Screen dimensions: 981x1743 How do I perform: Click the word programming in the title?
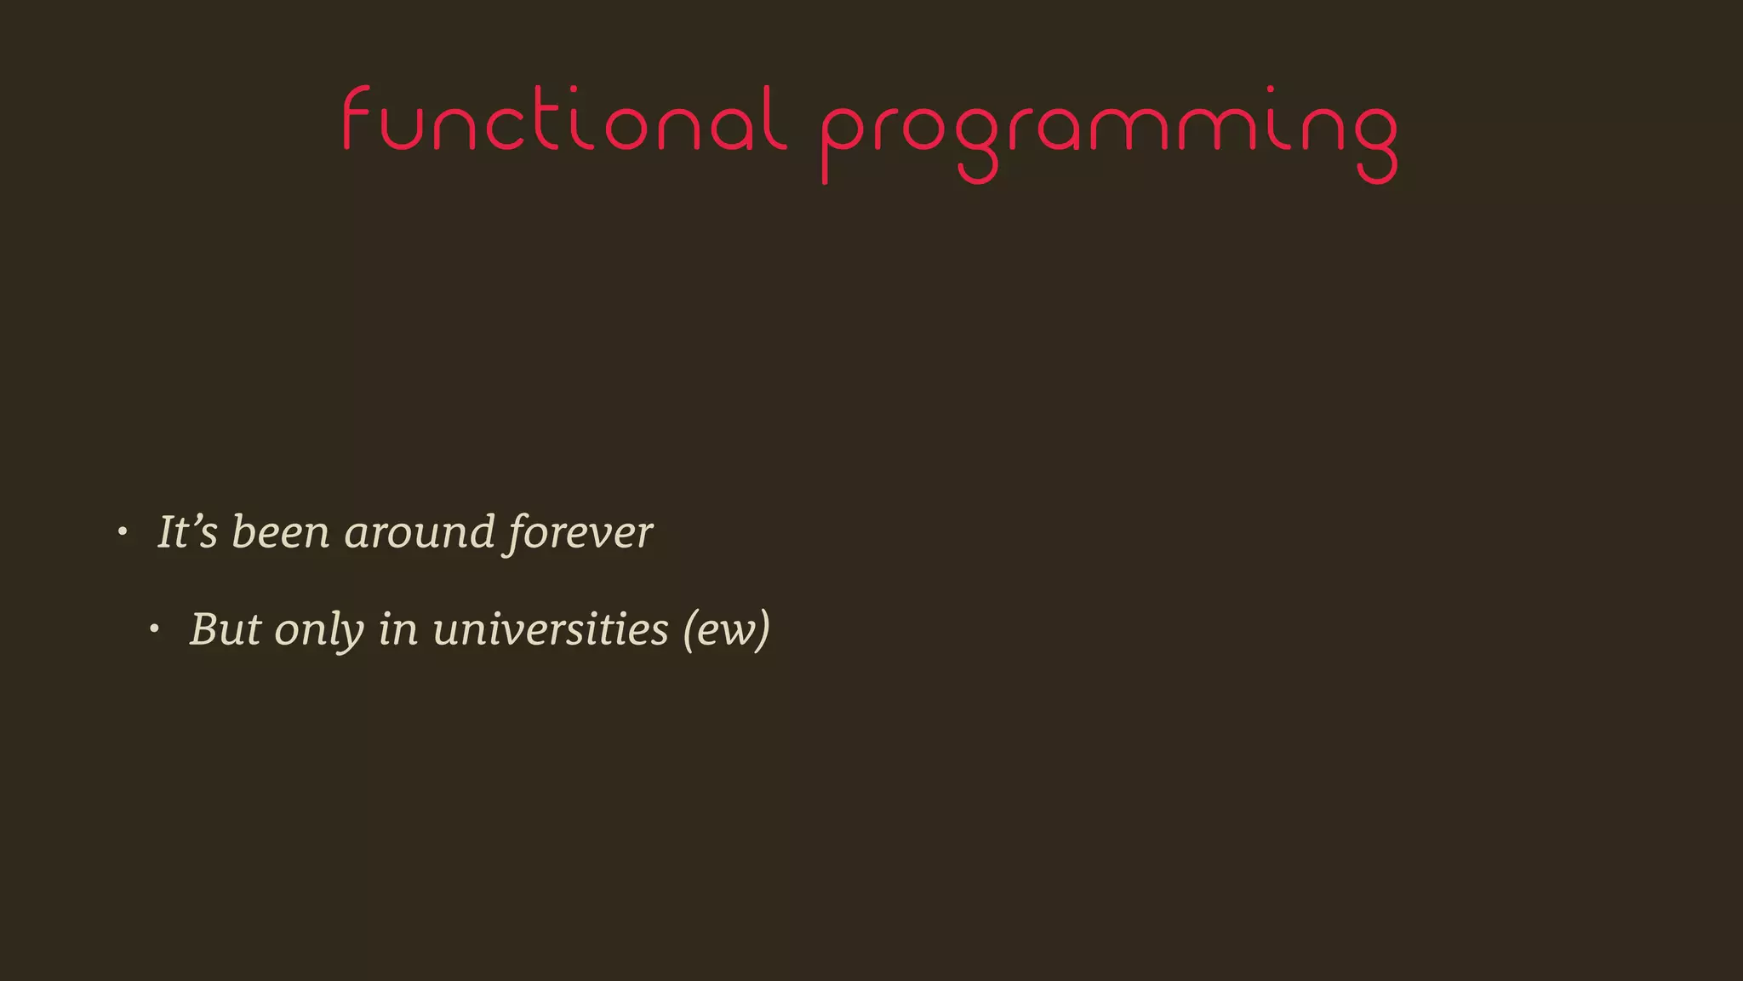(x=1108, y=128)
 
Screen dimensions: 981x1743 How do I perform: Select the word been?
(x=280, y=532)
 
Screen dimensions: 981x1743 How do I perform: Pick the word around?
(x=419, y=532)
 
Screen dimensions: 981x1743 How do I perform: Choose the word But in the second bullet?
(x=225, y=629)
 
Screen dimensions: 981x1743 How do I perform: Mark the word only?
(x=319, y=631)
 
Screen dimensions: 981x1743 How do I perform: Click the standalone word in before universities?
(x=397, y=629)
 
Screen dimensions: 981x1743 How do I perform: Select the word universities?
(x=550, y=629)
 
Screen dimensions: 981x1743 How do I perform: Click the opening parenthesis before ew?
(x=689, y=631)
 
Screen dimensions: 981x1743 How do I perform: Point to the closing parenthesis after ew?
(x=763, y=631)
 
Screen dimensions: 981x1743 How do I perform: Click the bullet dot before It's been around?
(x=123, y=532)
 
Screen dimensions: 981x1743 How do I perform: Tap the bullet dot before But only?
(x=154, y=629)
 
